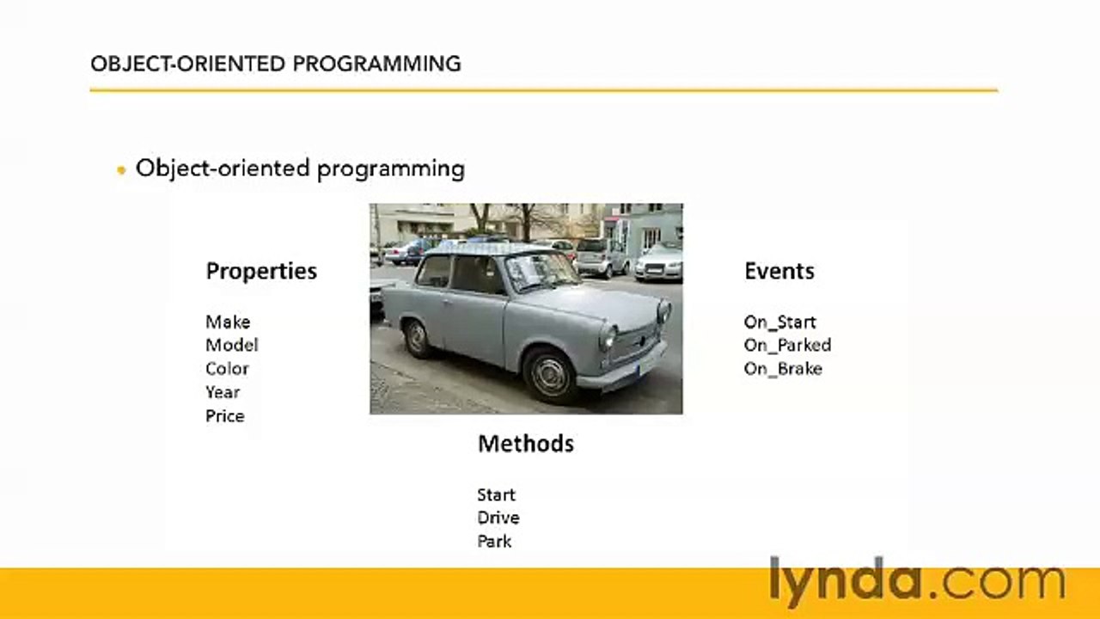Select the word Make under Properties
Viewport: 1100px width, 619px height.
click(x=228, y=322)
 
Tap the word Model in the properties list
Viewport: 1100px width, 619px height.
click(x=232, y=346)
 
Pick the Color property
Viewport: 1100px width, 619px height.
click(x=228, y=369)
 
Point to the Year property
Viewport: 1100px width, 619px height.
click(x=223, y=393)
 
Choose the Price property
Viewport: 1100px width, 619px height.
click(x=225, y=416)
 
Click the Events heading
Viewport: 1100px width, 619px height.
click(x=779, y=271)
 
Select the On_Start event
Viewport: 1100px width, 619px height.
click(x=779, y=322)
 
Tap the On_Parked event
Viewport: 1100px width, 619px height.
click(x=788, y=346)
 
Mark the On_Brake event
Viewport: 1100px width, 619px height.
click(x=783, y=370)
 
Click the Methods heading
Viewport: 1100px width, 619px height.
click(x=526, y=444)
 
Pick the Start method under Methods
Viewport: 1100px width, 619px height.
click(x=497, y=494)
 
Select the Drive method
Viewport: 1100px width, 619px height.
click(x=498, y=518)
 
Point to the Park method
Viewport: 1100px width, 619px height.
click(x=494, y=542)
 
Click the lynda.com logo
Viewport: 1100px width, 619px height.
click(x=917, y=582)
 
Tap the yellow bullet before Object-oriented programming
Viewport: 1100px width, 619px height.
click(x=121, y=170)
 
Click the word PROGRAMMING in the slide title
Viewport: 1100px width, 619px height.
click(x=376, y=64)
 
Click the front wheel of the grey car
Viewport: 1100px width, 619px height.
click(x=551, y=377)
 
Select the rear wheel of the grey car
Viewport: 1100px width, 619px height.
click(x=417, y=339)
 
